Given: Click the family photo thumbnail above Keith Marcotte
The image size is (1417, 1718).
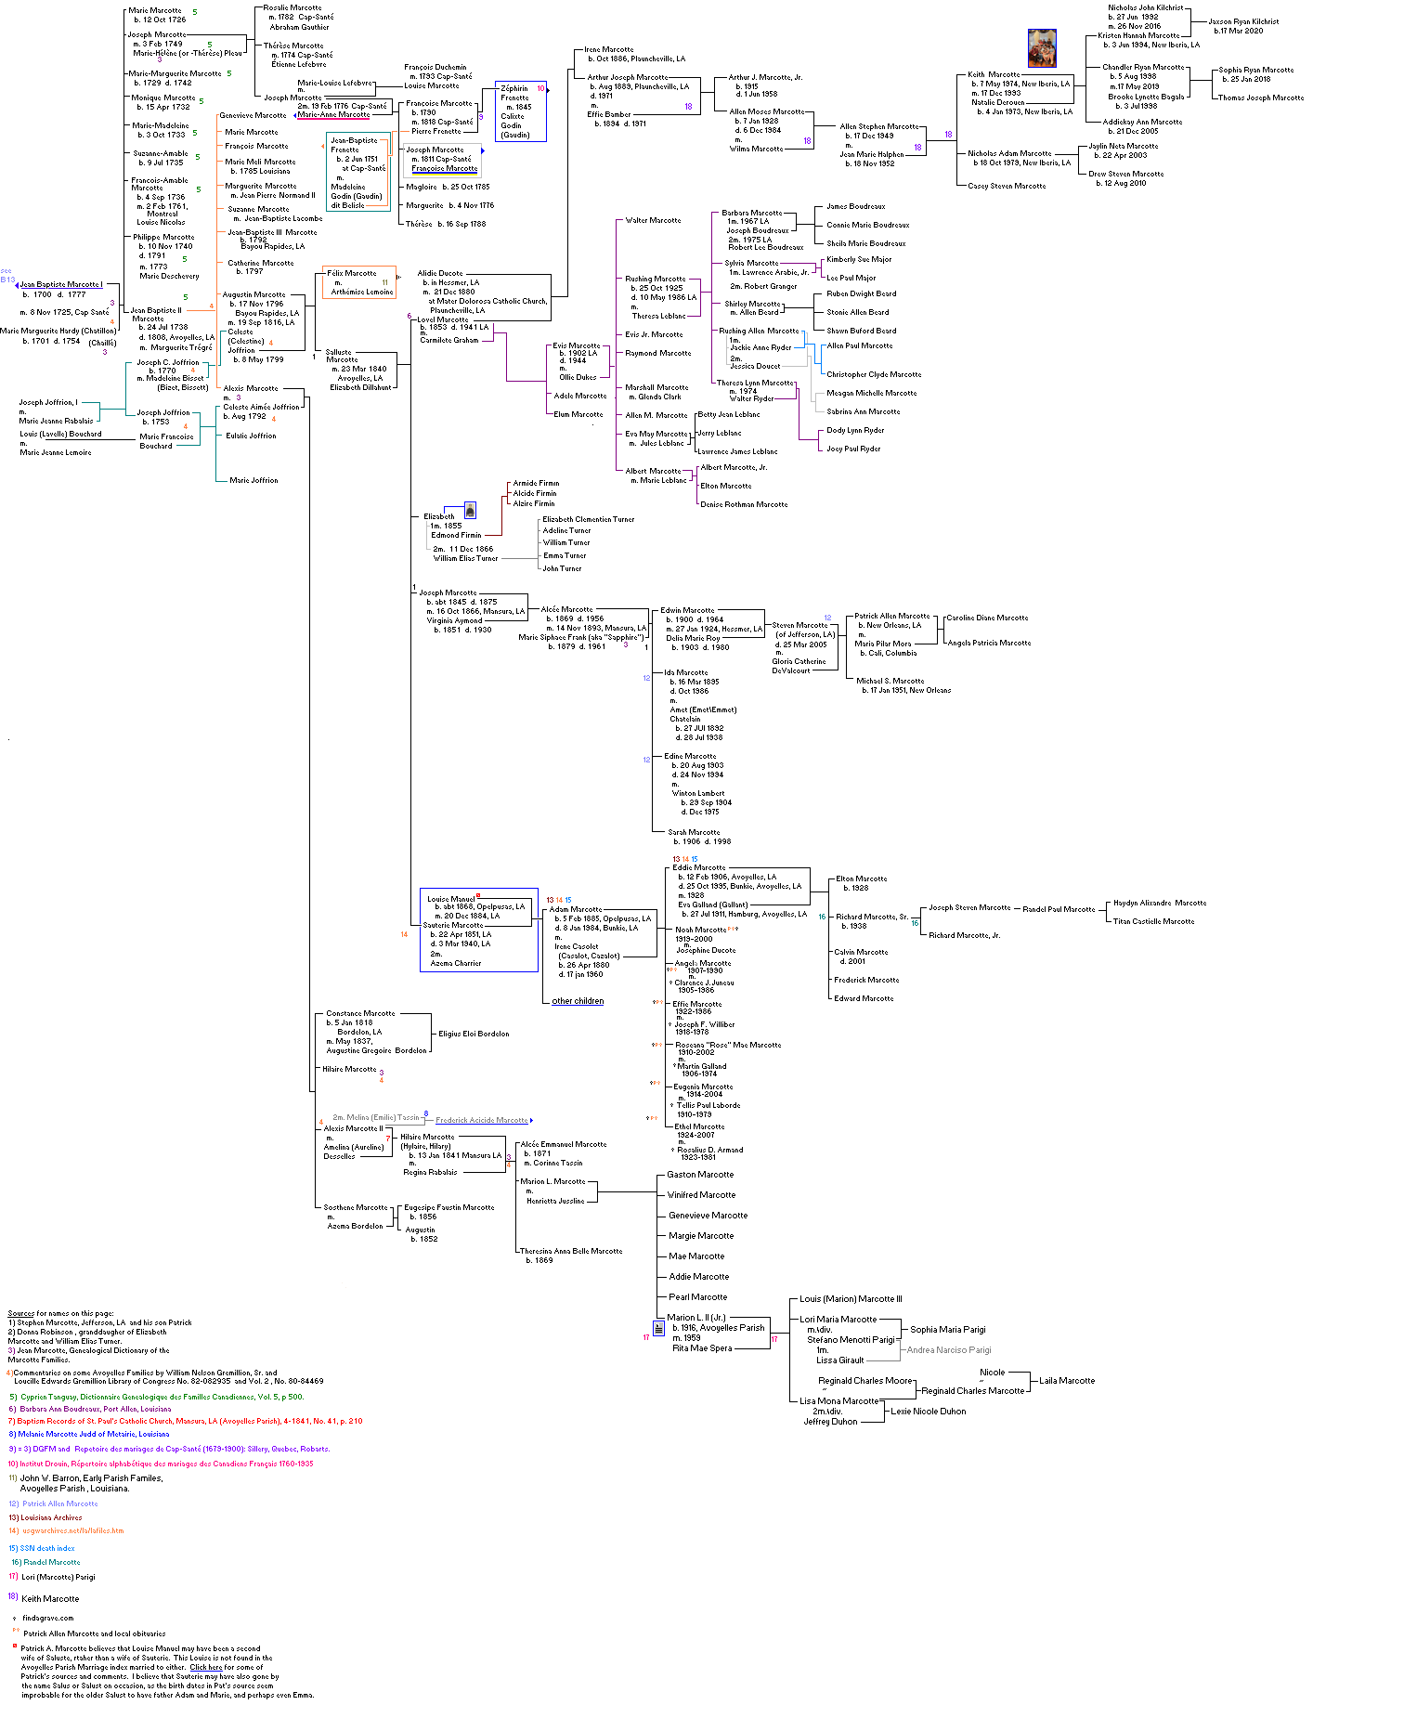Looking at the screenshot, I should (1042, 48).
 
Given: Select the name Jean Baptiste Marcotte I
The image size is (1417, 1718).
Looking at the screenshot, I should (61, 285).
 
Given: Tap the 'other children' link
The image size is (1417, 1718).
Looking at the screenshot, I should (578, 1001).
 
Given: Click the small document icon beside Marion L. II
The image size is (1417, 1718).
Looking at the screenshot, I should (658, 1329).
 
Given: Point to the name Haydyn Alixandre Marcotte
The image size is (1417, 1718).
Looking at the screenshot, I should (1160, 903).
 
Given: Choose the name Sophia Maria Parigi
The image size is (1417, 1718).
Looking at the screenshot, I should (948, 1330).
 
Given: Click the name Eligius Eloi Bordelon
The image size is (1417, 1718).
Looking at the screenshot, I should (474, 1034).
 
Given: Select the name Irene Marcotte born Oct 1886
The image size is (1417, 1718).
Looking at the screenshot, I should (609, 50).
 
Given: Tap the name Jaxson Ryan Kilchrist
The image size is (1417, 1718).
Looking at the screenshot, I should (1243, 21).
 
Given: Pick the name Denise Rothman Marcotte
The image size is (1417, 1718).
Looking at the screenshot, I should (744, 504).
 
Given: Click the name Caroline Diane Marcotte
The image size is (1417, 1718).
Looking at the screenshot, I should (987, 618).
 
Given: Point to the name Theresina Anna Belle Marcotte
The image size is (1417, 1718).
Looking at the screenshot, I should (571, 1251).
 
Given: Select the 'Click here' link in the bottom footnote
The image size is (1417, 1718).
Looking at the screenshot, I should (206, 1667).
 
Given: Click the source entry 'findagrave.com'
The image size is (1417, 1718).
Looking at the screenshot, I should (47, 1618).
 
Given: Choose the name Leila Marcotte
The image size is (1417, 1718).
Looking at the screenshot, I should (1067, 1381).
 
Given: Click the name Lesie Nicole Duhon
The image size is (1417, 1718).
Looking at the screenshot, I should (929, 1412).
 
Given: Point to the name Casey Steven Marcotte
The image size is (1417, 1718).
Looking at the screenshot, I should (1007, 186).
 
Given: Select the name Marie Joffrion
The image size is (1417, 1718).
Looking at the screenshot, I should (253, 480).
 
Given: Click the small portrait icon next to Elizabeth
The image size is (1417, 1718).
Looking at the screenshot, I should (470, 510).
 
